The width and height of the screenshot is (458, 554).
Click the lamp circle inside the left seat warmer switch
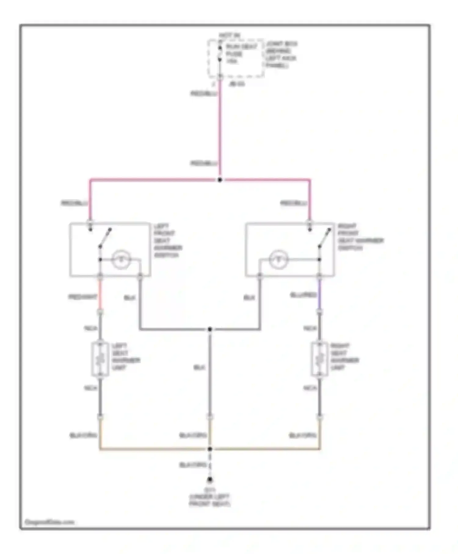tap(121, 260)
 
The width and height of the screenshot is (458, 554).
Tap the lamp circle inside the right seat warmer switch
tap(278, 260)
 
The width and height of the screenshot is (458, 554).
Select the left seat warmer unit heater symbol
tap(100, 359)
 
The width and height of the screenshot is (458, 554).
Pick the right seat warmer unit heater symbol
tap(319, 359)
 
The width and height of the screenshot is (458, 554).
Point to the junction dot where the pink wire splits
tap(220, 180)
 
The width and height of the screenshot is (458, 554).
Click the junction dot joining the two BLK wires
tap(210, 329)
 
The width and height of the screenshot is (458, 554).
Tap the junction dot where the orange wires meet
tap(210, 449)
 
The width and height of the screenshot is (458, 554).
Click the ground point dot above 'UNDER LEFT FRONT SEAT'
tap(210, 480)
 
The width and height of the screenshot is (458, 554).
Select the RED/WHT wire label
tap(82, 297)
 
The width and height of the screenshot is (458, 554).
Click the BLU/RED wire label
tap(303, 295)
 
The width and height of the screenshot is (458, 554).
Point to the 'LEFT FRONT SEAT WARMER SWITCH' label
tap(167, 241)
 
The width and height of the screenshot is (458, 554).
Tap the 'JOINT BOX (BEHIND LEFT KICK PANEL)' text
tap(281, 55)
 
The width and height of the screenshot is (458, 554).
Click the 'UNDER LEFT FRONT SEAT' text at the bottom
tap(210, 500)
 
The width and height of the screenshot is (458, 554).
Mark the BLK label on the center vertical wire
tap(199, 367)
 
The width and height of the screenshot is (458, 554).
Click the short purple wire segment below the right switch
tap(319, 294)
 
